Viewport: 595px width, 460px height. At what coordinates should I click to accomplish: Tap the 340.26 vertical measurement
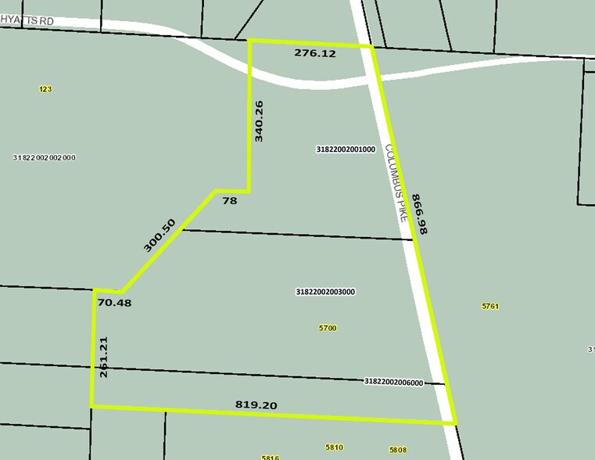259,120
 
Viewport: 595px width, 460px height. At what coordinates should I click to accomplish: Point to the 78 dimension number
229,201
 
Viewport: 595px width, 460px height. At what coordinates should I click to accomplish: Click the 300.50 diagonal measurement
160,235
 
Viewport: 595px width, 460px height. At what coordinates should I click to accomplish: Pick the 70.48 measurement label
115,302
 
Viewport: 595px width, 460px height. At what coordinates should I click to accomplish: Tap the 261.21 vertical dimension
104,358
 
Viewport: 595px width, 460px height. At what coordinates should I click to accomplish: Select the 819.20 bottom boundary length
256,404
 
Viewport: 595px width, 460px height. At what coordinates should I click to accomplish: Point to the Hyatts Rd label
27,21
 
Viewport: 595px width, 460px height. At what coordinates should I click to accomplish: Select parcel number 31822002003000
326,292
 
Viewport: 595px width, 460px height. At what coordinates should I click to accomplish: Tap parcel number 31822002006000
394,382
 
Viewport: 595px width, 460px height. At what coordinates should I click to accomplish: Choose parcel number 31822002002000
45,157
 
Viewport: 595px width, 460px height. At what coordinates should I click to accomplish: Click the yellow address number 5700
328,328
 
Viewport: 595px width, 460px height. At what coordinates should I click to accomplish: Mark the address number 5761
490,307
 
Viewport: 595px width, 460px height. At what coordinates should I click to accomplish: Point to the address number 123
45,89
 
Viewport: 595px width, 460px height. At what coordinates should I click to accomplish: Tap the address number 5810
334,447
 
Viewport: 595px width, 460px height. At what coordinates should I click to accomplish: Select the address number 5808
398,450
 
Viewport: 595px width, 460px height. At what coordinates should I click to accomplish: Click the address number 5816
271,457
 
